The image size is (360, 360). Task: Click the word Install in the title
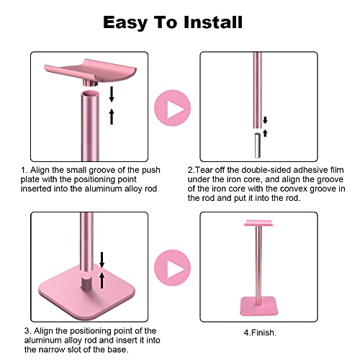(213, 22)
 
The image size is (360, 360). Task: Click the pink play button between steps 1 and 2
(172, 108)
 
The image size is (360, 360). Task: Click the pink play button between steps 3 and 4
(172, 268)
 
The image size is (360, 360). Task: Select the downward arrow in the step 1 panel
(112, 94)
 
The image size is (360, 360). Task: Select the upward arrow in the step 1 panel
(112, 117)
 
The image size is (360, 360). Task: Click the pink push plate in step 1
(91, 71)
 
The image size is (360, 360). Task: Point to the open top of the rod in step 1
(90, 94)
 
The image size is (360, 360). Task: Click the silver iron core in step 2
(257, 145)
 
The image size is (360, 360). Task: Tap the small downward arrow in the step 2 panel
(265, 120)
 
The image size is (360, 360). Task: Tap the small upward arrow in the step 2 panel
(265, 133)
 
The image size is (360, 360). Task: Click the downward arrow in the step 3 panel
(102, 260)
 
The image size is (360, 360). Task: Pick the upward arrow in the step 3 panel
(102, 280)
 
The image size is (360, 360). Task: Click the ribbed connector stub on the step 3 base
(87, 283)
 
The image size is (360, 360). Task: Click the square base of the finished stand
(259, 306)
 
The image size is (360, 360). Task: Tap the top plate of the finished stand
(258, 222)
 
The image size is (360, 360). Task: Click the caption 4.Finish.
(260, 333)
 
